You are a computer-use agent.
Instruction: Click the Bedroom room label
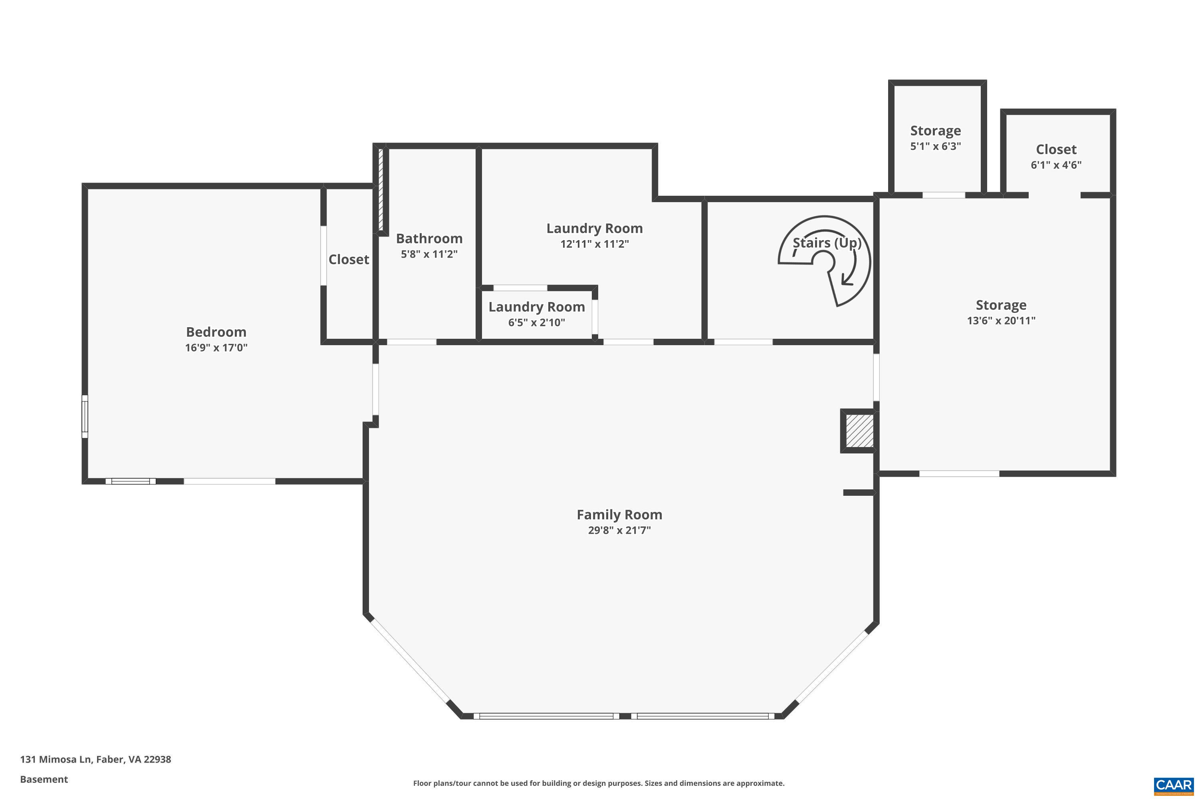[216, 332]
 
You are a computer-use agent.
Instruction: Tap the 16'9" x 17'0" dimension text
[216, 348]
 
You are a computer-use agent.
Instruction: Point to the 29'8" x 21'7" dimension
[619, 531]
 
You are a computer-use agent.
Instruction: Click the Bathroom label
[429, 239]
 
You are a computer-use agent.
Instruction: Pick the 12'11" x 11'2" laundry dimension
[595, 244]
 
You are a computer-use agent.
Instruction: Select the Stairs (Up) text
[827, 242]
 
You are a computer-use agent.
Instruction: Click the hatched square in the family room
[860, 431]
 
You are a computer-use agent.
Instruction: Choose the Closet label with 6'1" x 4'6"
[1056, 157]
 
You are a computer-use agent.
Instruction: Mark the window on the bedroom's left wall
[85, 416]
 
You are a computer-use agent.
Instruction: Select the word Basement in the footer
[44, 779]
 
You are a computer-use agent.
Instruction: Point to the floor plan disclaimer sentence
[599, 783]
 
